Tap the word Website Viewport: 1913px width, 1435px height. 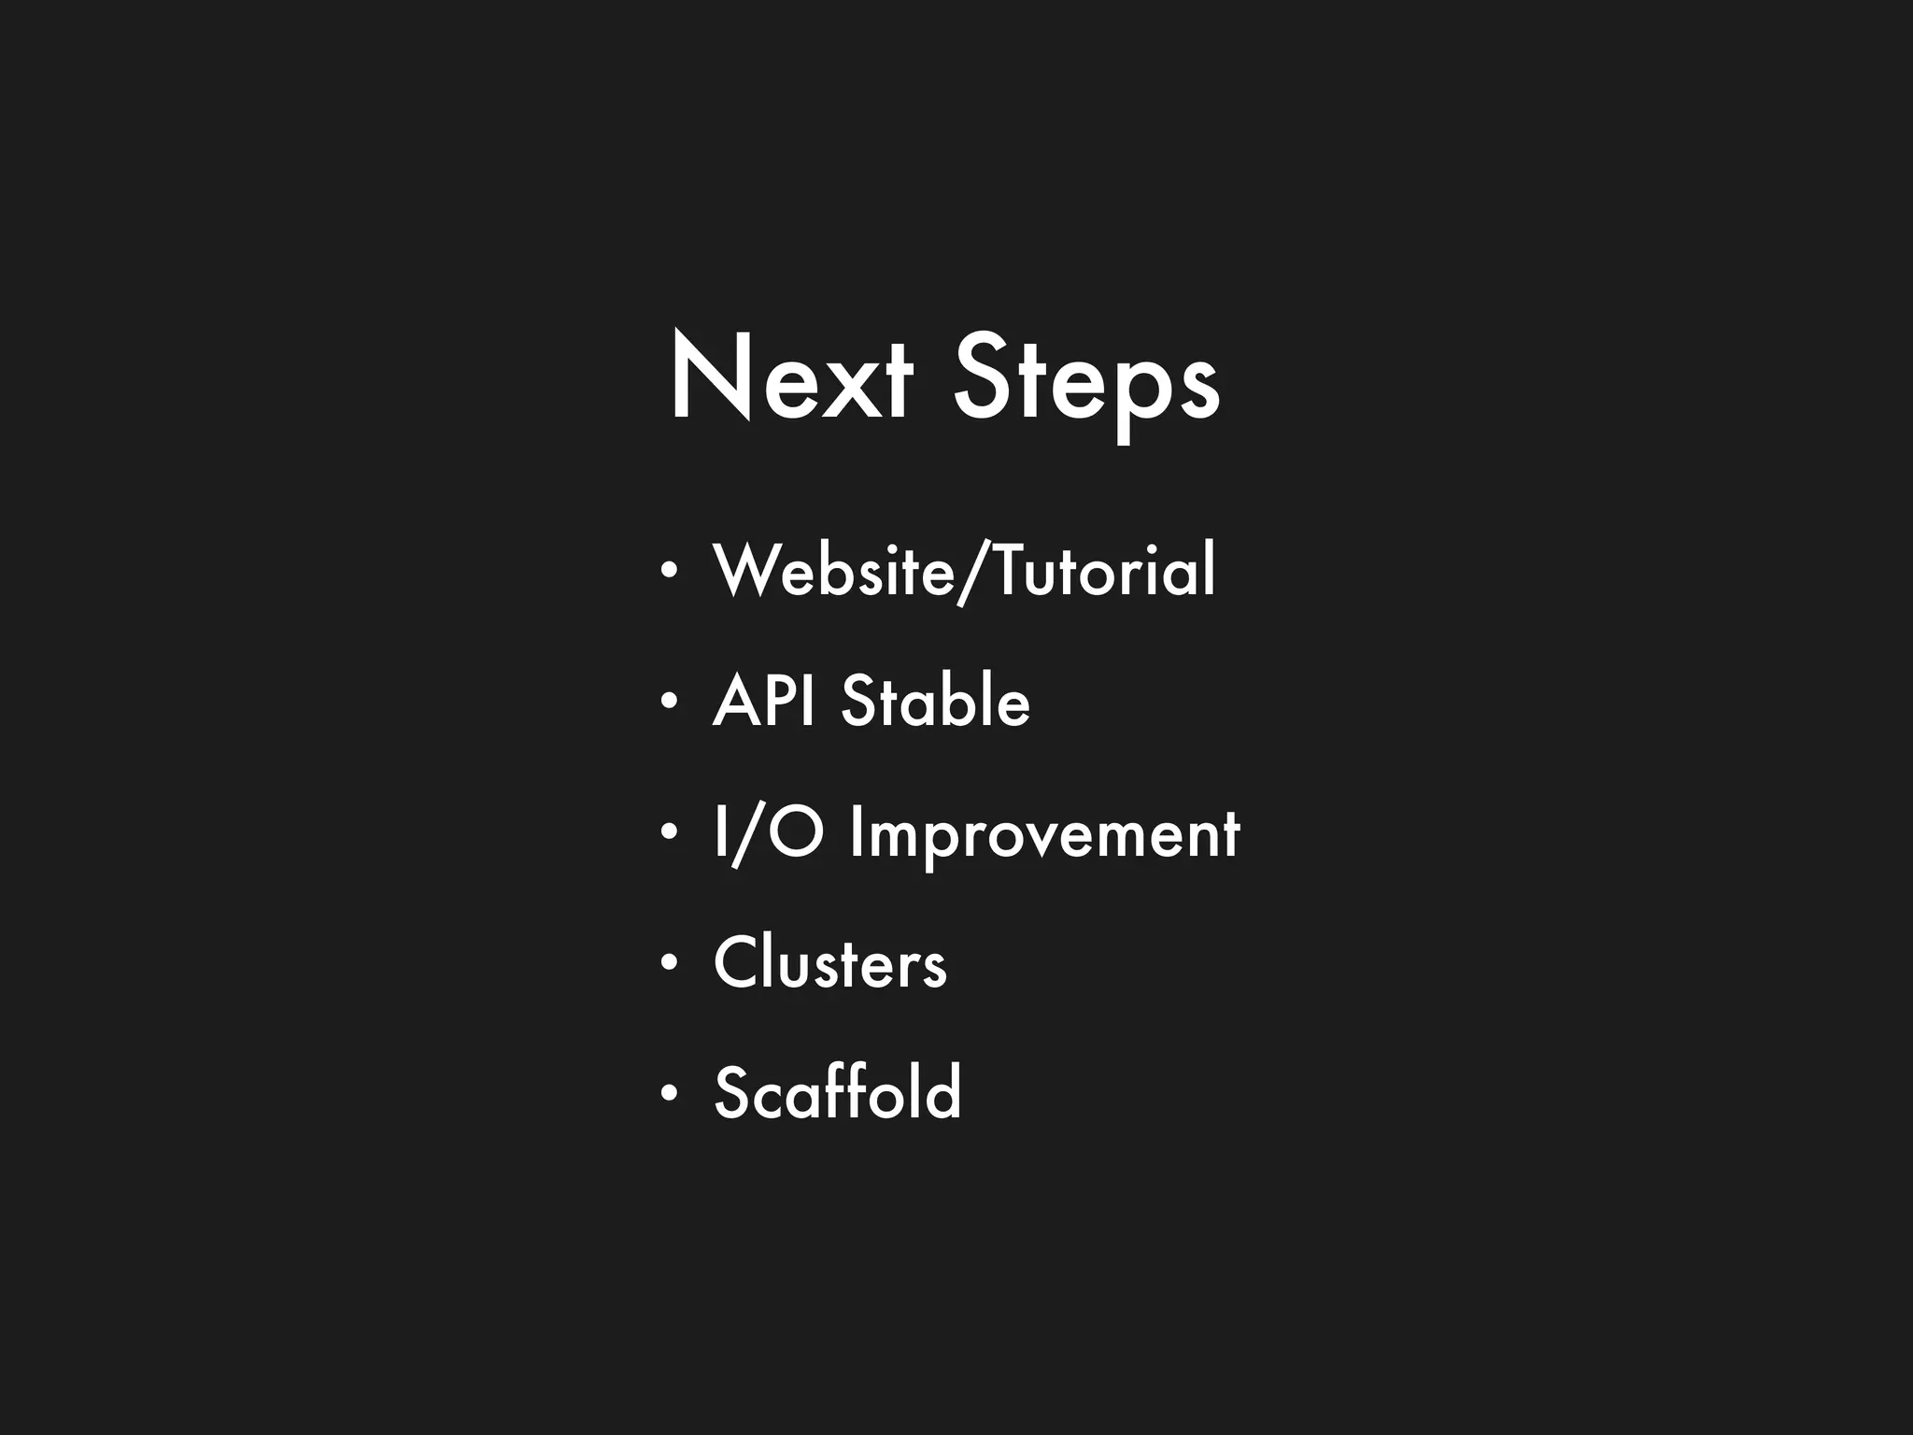[x=832, y=569]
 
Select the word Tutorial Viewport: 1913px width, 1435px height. [x=1102, y=569]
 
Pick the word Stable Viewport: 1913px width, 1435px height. [x=935, y=701]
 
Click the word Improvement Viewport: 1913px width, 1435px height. [x=1044, y=835]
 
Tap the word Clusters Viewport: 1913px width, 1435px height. [x=829, y=963]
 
